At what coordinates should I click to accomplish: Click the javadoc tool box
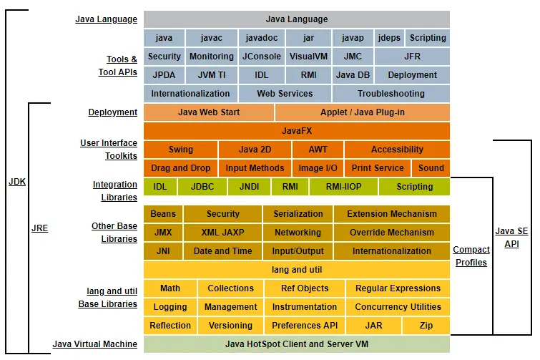pos(262,38)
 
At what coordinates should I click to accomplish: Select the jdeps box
pos(389,38)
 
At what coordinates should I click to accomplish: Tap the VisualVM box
pos(308,57)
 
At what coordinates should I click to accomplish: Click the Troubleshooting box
pos(391,94)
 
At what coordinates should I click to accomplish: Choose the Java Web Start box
pos(209,112)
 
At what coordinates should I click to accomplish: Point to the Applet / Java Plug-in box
pos(362,112)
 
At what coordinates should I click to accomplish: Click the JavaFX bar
pos(297,131)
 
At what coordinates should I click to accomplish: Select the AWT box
pos(318,150)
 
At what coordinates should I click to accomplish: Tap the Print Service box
pos(378,168)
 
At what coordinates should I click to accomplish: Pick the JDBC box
pos(202,187)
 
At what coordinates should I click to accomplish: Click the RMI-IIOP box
pos(343,187)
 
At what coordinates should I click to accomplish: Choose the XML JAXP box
pos(223,233)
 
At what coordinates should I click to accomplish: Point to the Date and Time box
pos(223,251)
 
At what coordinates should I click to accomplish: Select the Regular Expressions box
pos(398,288)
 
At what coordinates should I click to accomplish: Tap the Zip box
pos(426,326)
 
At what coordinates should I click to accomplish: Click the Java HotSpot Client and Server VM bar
pos(297,344)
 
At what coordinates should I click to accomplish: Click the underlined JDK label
pos(17,182)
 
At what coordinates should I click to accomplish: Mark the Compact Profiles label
pos(471,256)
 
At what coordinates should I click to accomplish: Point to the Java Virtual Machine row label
pos(94,344)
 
